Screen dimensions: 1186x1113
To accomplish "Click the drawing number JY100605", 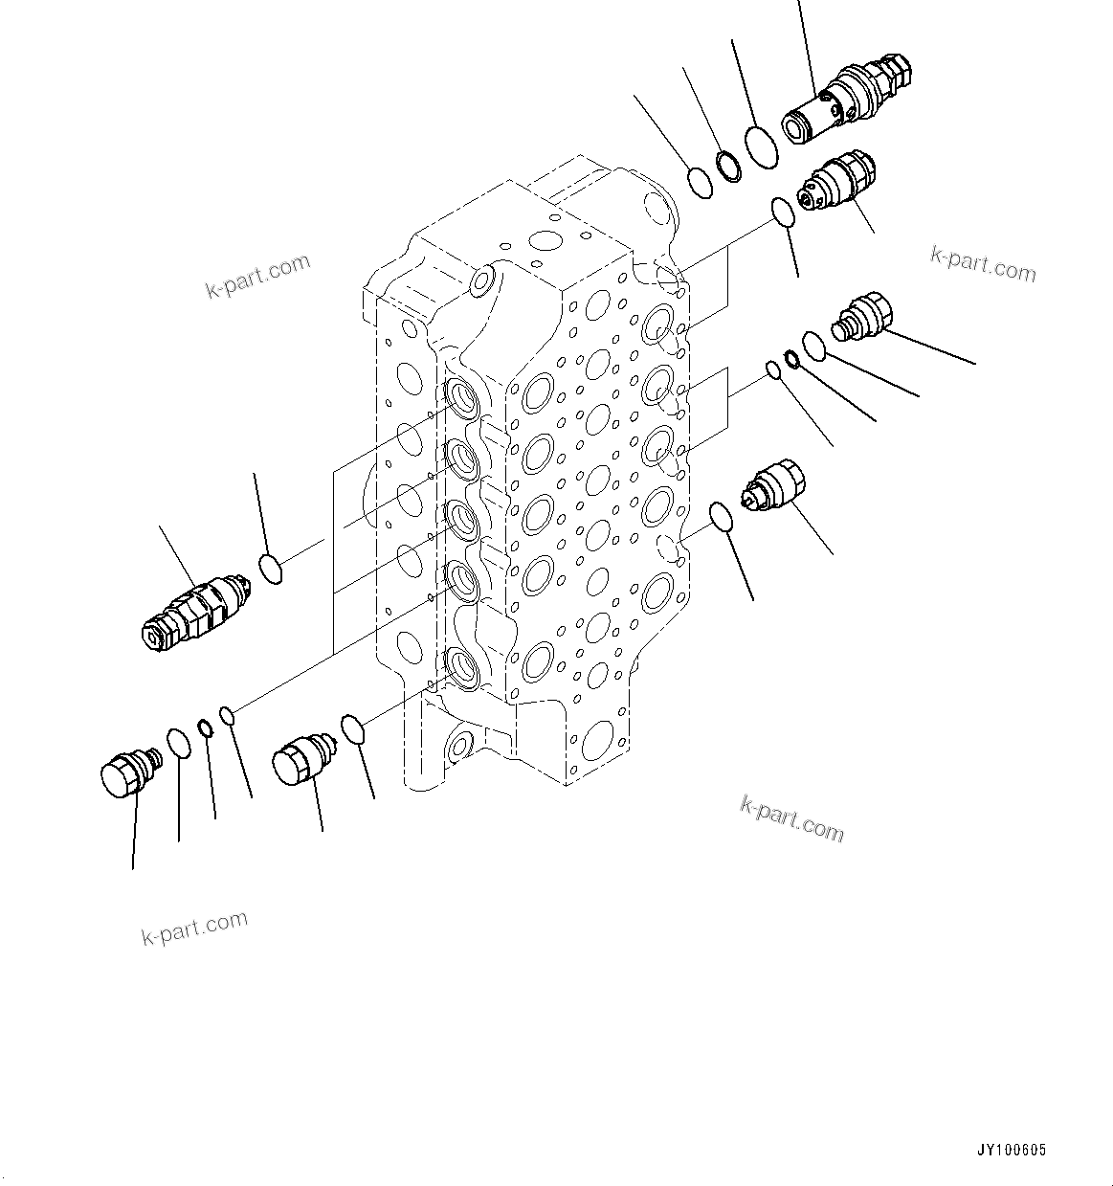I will pos(1012,1150).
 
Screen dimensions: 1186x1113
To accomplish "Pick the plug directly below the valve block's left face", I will pos(301,762).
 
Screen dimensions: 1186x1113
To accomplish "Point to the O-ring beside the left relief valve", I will pos(271,571).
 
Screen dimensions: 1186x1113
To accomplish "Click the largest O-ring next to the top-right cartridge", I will pos(762,147).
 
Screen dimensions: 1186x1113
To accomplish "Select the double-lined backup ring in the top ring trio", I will pos(729,166).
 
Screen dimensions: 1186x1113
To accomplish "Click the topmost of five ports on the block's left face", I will pos(460,397).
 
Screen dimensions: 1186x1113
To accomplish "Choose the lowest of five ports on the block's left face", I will pos(460,666).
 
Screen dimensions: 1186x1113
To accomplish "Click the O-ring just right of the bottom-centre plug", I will pos(353,728).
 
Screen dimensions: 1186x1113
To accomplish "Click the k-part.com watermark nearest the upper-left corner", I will pos(258,276).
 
